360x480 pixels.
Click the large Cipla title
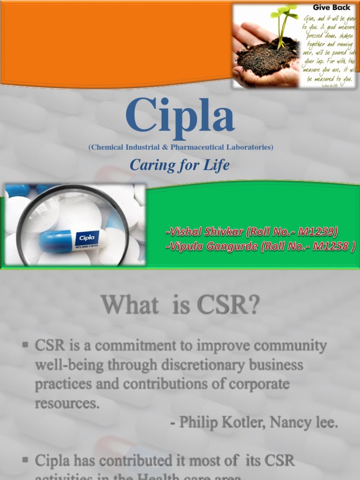pos(180,116)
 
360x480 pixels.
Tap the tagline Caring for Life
pos(180,165)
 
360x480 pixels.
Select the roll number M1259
pos(319,232)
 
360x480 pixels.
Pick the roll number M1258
pos(330,247)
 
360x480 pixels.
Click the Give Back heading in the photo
pos(331,7)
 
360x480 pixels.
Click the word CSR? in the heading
pos(228,306)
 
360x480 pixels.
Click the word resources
pos(67,403)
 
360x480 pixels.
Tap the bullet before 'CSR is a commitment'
pos(25,345)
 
